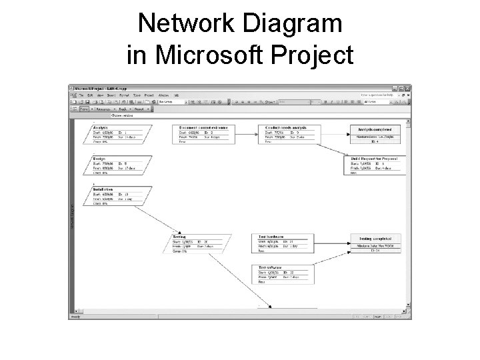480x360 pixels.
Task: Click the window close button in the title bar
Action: click(x=408, y=89)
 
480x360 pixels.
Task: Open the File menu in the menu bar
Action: click(x=80, y=95)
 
